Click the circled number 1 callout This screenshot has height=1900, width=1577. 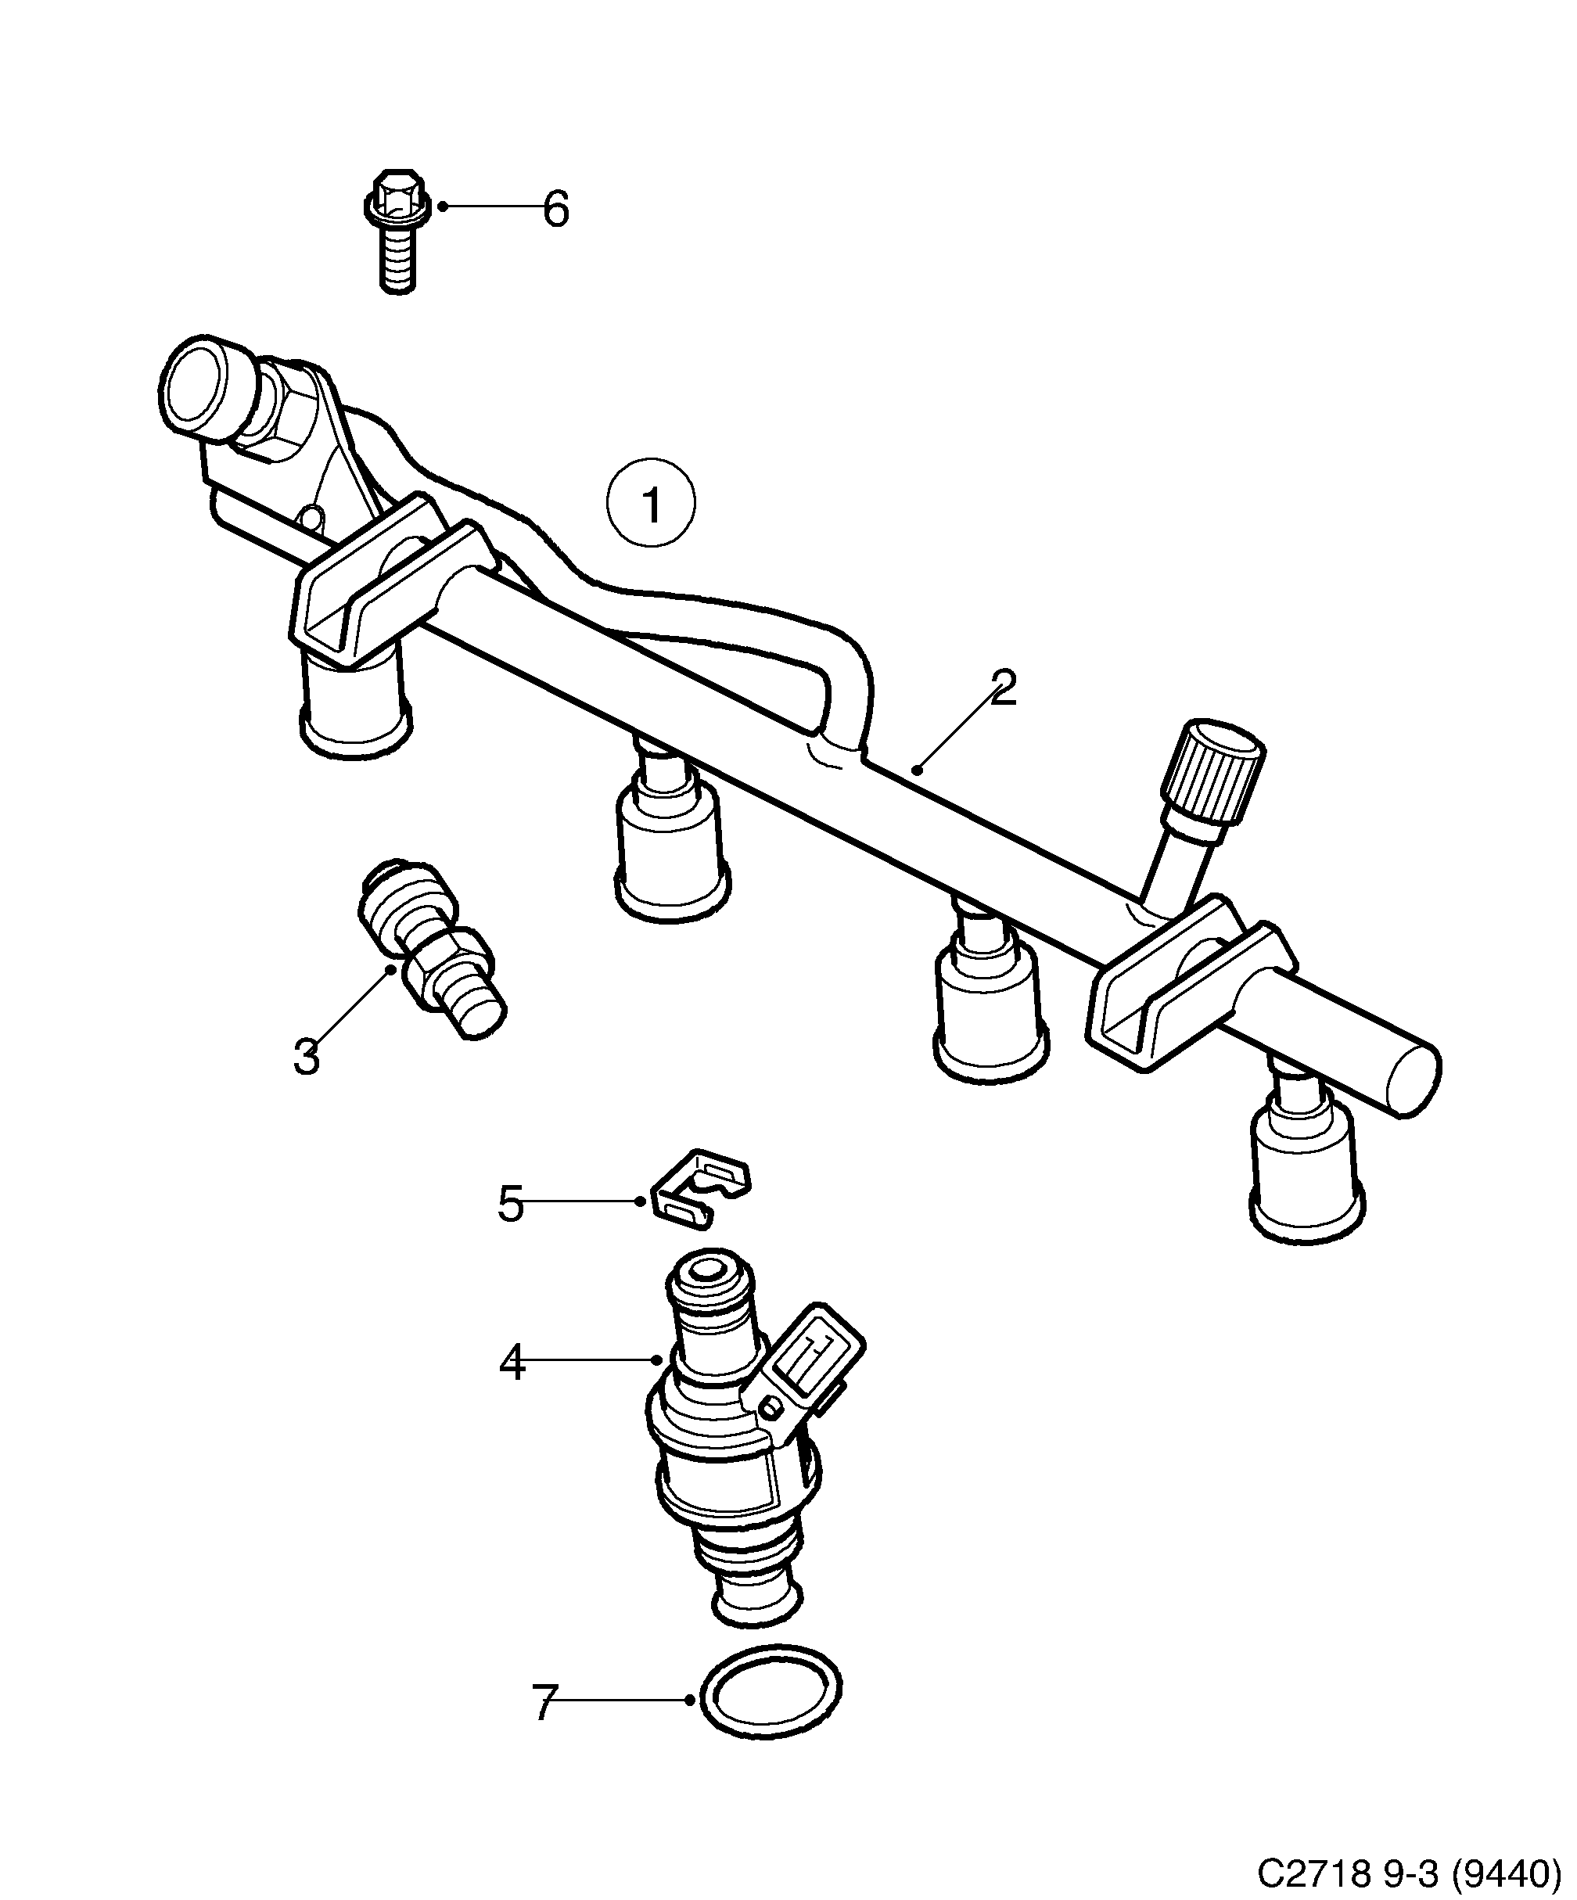(x=651, y=504)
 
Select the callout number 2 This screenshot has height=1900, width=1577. (x=1003, y=688)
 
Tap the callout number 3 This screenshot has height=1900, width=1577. (x=307, y=1056)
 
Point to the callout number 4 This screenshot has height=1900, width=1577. (x=512, y=1388)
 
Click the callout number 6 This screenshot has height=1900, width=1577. (x=555, y=210)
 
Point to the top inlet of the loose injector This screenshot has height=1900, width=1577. (x=709, y=1274)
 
